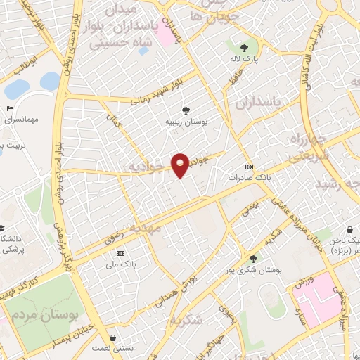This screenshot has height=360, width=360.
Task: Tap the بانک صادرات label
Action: tap(249, 178)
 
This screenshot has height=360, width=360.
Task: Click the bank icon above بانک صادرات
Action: tap(248, 167)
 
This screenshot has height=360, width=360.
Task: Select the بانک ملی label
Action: tap(120, 263)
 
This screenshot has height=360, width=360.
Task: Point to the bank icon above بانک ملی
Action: tap(120, 252)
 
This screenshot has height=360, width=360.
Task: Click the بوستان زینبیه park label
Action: tap(186, 121)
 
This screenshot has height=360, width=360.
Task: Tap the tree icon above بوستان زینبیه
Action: tap(186, 110)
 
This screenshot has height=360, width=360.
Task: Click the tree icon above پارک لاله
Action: tap(243, 48)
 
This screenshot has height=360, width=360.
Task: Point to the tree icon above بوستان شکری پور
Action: tap(253, 259)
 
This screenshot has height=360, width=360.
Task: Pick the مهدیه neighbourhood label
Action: tap(158, 228)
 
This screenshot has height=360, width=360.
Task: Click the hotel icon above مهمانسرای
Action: tap(8, 108)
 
